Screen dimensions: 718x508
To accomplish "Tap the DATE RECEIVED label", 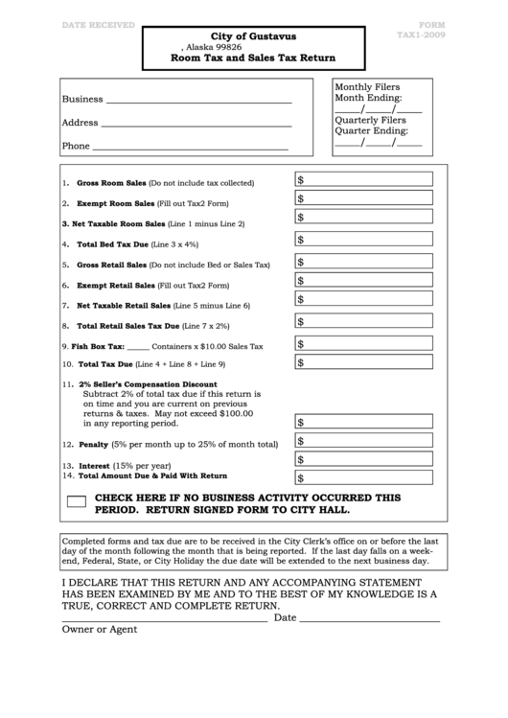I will click(98, 25).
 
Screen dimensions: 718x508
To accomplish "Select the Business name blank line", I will click(197, 100).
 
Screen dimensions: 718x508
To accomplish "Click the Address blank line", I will click(196, 124).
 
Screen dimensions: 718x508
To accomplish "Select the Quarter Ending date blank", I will click(378, 143).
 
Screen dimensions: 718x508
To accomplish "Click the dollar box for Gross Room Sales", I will click(363, 179).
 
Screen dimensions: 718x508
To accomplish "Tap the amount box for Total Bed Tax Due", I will click(363, 240).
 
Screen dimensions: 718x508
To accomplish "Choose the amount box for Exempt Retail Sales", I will click(363, 281).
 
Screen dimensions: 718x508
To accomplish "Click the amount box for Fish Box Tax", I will click(363, 343).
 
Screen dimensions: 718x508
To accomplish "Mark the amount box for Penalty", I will click(363, 442).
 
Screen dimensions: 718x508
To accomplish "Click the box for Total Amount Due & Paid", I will click(363, 477).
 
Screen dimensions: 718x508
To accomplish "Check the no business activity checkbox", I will click(78, 501).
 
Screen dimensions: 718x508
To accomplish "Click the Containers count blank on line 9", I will click(138, 347).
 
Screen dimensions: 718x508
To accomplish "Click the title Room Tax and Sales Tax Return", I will click(253, 58).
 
